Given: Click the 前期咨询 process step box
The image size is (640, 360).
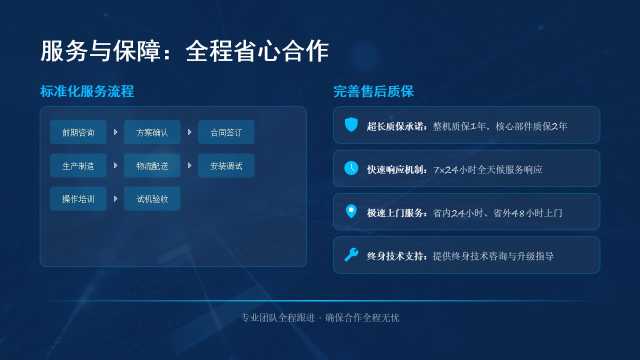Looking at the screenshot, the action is [x=78, y=132].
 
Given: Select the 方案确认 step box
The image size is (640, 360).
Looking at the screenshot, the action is [x=152, y=132].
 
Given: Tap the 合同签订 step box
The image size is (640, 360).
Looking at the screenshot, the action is [x=226, y=132].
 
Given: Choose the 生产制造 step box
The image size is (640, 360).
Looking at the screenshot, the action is [x=78, y=165].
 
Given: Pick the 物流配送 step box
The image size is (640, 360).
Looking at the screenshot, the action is [x=152, y=165].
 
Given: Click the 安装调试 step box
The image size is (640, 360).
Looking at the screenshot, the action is [x=226, y=165].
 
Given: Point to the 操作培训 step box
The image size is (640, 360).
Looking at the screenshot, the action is [x=78, y=198].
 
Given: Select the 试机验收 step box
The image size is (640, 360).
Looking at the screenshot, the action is [x=152, y=198].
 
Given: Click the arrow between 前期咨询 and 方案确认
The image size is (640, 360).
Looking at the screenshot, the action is [x=115, y=132].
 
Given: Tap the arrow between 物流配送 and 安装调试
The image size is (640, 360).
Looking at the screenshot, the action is [x=189, y=165].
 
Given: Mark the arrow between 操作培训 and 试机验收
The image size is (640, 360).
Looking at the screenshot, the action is [x=115, y=198].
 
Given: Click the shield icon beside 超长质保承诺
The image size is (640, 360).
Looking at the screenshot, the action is [x=351, y=124].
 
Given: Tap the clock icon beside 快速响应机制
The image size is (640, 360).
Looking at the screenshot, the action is [x=351, y=168].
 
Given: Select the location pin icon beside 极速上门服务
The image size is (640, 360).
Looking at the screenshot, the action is [x=351, y=211].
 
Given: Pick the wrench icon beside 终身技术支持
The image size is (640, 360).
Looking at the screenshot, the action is [x=351, y=254].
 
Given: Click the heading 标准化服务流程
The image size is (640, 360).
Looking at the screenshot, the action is [x=87, y=91].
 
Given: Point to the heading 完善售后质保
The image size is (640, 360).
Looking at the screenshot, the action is [x=373, y=91].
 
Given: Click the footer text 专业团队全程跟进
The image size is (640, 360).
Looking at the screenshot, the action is [x=278, y=317].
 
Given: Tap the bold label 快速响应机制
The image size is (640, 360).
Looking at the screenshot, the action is [x=395, y=169].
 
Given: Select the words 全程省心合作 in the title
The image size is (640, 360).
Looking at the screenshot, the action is [x=257, y=51].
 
